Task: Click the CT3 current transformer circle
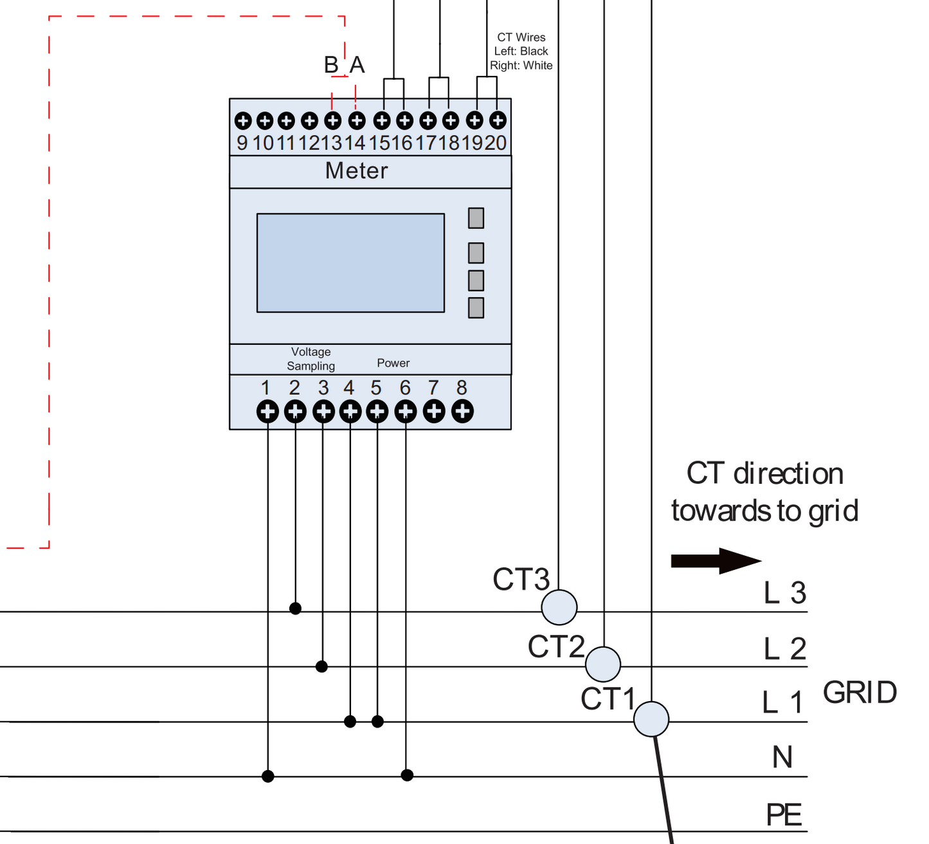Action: click(559, 607)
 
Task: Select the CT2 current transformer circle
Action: click(603, 664)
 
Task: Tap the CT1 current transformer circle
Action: click(651, 719)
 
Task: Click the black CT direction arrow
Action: click(716, 561)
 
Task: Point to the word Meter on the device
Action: click(356, 170)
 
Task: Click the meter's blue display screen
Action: click(350, 263)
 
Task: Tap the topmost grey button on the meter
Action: click(476, 218)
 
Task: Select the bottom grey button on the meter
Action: click(476, 307)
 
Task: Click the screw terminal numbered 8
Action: click(462, 411)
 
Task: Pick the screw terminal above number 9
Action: click(243, 121)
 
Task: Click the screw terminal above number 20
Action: click(498, 120)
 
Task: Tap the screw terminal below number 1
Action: click(267, 411)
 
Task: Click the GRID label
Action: click(860, 692)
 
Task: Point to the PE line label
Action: click(784, 814)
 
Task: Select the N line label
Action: click(782, 757)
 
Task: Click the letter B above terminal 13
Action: click(330, 65)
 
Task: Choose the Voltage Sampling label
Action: click(311, 359)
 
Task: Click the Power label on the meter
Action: click(393, 363)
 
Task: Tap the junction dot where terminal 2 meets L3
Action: click(295, 608)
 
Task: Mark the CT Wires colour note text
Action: click(521, 51)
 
